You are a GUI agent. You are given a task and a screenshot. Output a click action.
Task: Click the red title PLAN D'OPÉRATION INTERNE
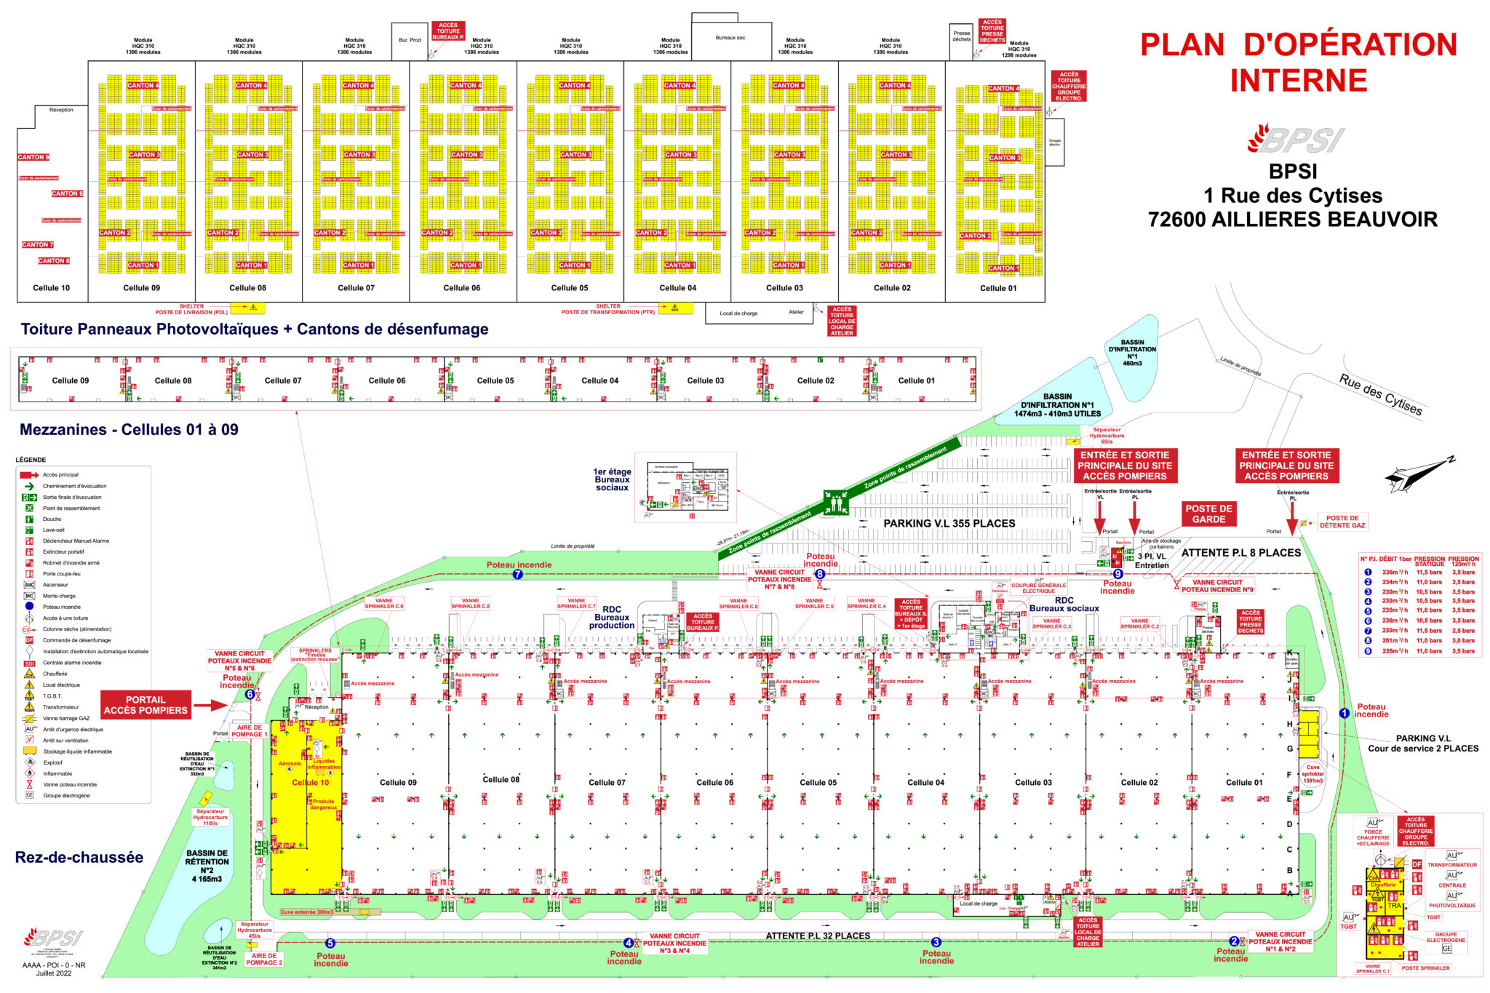(x=1299, y=62)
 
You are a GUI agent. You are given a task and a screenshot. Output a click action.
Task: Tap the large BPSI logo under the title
(x=1296, y=139)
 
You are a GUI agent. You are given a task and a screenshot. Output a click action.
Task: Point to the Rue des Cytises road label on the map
(x=1380, y=394)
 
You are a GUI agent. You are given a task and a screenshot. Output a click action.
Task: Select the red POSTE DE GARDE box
(x=1208, y=514)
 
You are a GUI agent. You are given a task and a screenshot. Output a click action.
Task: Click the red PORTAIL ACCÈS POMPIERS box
(x=146, y=705)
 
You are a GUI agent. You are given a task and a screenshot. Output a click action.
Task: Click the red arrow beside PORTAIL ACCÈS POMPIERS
(x=212, y=705)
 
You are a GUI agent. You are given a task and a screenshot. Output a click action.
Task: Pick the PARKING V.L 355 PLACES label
(x=949, y=523)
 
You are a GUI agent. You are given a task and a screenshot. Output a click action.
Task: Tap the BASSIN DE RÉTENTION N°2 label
(x=207, y=866)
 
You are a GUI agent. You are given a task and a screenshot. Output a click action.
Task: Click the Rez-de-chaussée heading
(x=79, y=858)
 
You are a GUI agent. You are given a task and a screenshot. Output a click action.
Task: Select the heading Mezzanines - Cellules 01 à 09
(x=129, y=429)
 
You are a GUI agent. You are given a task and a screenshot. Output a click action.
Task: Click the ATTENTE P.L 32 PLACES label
(x=818, y=936)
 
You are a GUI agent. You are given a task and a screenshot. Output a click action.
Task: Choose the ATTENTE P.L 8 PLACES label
(x=1240, y=553)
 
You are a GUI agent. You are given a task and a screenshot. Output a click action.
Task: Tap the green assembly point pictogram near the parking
(x=836, y=502)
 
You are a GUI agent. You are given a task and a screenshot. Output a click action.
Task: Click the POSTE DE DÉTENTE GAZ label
(x=1342, y=522)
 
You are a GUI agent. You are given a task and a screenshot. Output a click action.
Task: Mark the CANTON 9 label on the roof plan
(x=33, y=157)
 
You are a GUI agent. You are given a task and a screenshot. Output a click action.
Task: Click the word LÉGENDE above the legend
(x=31, y=460)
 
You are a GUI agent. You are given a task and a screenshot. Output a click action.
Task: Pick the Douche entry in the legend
(x=52, y=519)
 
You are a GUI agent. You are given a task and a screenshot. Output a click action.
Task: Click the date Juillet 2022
(x=54, y=973)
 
